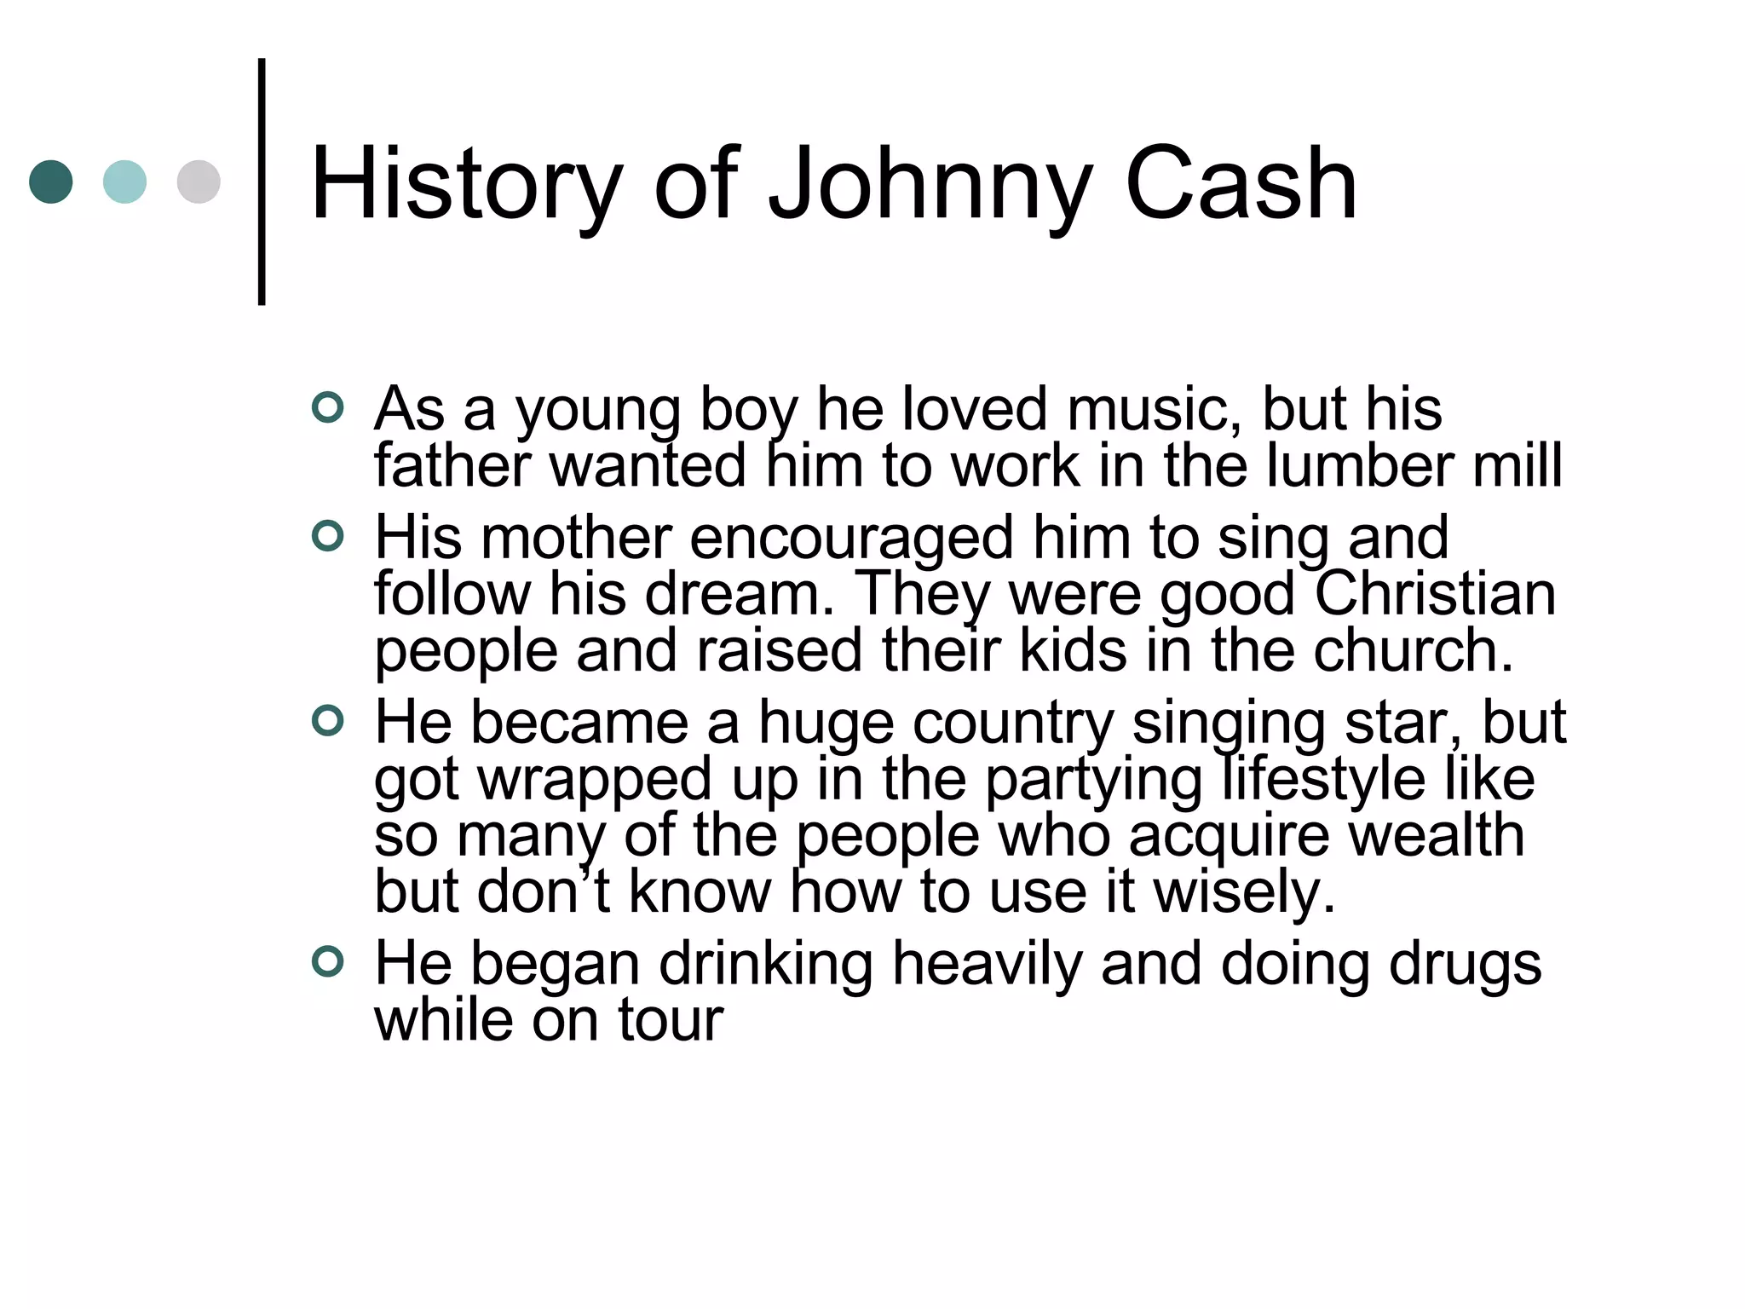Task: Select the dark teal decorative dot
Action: click(x=51, y=182)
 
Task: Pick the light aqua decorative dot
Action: click(x=124, y=182)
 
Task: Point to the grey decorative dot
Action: click(x=199, y=182)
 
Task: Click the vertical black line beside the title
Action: click(x=262, y=182)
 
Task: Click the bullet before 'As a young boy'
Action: click(x=328, y=407)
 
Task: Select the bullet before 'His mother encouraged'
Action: click(x=328, y=536)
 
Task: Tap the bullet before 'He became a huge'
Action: click(x=328, y=721)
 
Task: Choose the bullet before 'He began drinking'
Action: click(x=328, y=962)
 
